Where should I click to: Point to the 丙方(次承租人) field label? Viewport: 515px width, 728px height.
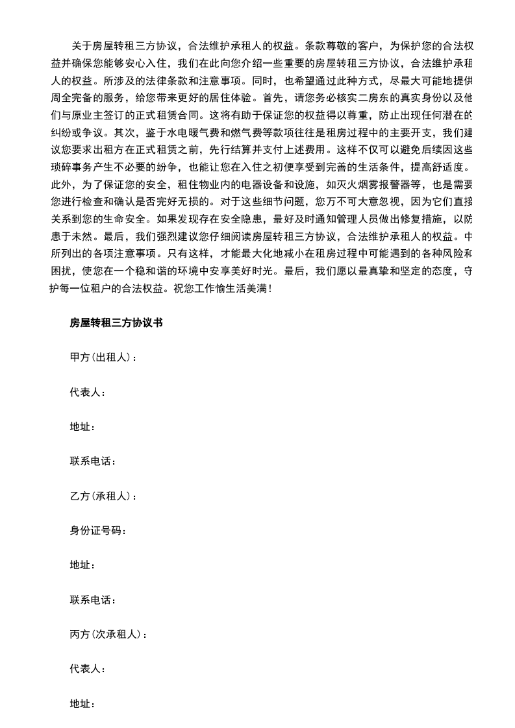[108, 635]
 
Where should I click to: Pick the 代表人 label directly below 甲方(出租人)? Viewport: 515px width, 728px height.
[86, 393]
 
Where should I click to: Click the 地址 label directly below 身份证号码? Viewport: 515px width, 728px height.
[82, 565]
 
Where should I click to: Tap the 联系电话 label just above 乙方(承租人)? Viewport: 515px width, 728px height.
[92, 461]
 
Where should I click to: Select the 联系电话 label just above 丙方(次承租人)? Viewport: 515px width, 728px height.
[92, 600]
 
